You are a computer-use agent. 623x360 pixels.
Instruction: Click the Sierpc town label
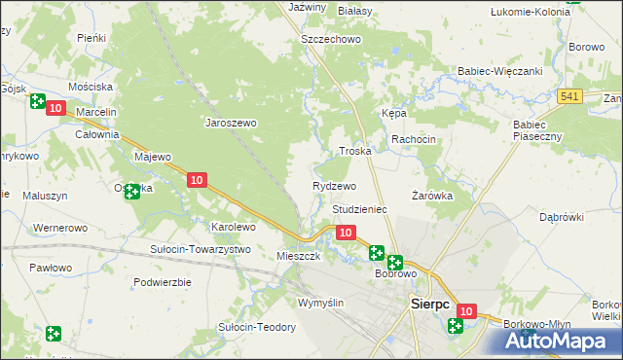(428, 304)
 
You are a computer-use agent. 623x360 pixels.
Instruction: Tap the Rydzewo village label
(334, 185)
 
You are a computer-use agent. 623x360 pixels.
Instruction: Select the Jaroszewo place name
(230, 124)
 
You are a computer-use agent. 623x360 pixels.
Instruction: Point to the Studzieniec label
(360, 209)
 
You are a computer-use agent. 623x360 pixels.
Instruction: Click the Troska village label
(354, 152)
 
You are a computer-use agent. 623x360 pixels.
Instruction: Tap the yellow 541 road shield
(570, 95)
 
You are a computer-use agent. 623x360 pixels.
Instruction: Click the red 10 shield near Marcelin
(55, 109)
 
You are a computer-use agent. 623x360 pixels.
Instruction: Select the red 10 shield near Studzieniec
(346, 233)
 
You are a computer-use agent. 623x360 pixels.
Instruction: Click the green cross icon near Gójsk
(37, 100)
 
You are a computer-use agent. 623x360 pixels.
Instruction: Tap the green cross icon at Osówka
(131, 192)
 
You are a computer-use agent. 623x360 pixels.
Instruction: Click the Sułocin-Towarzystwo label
(200, 249)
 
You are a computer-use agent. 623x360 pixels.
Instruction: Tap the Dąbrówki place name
(561, 216)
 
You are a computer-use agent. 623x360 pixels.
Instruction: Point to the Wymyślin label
(321, 303)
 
